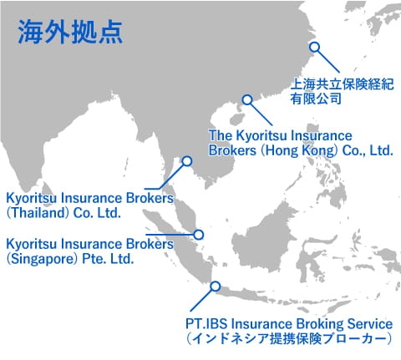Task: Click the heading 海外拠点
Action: (x=70, y=33)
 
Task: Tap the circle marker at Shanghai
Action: (x=314, y=47)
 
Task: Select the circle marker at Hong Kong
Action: (x=247, y=99)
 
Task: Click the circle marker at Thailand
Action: (x=187, y=161)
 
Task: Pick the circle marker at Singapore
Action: (x=198, y=235)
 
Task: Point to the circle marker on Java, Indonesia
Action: (x=216, y=286)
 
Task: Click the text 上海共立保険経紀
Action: (x=343, y=84)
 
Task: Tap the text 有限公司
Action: (x=316, y=99)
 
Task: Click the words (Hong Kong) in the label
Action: (x=299, y=150)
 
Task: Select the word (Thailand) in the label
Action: (x=38, y=213)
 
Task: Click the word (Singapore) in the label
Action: (x=42, y=259)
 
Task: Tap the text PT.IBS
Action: (x=206, y=324)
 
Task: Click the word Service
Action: (x=370, y=324)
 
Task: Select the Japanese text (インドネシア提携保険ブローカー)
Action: (x=289, y=339)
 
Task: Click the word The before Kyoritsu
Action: (x=221, y=135)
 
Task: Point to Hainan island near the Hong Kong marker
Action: (x=236, y=119)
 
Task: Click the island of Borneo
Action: (x=265, y=240)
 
